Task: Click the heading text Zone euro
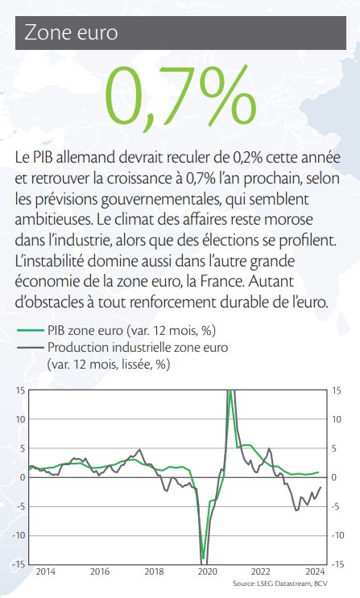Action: click(x=71, y=33)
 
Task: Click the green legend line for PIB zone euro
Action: click(x=30, y=330)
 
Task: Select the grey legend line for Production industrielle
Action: click(x=30, y=347)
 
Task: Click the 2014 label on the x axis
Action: click(x=45, y=571)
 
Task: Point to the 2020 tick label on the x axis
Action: click(x=207, y=571)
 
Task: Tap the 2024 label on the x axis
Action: click(x=315, y=571)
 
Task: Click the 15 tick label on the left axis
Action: click(x=20, y=390)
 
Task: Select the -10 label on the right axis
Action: click(x=337, y=535)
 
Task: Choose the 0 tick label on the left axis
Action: click(x=23, y=477)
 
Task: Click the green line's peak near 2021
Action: click(x=230, y=401)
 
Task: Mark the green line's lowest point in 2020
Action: click(x=203, y=559)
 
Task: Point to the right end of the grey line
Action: click(x=321, y=487)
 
